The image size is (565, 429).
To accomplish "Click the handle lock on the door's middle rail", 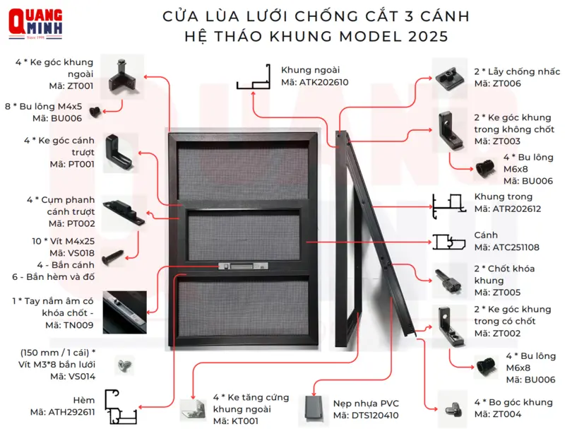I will click(x=244, y=266).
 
